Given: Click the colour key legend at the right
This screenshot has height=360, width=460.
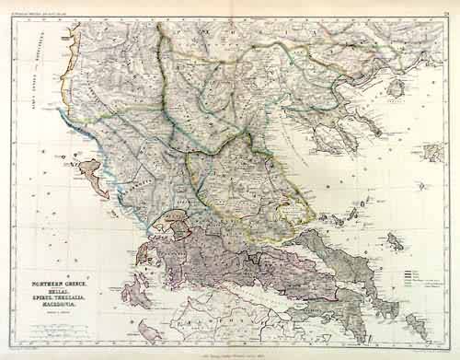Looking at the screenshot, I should (x=419, y=273).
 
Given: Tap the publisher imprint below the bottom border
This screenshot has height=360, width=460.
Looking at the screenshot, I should (x=230, y=351).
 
